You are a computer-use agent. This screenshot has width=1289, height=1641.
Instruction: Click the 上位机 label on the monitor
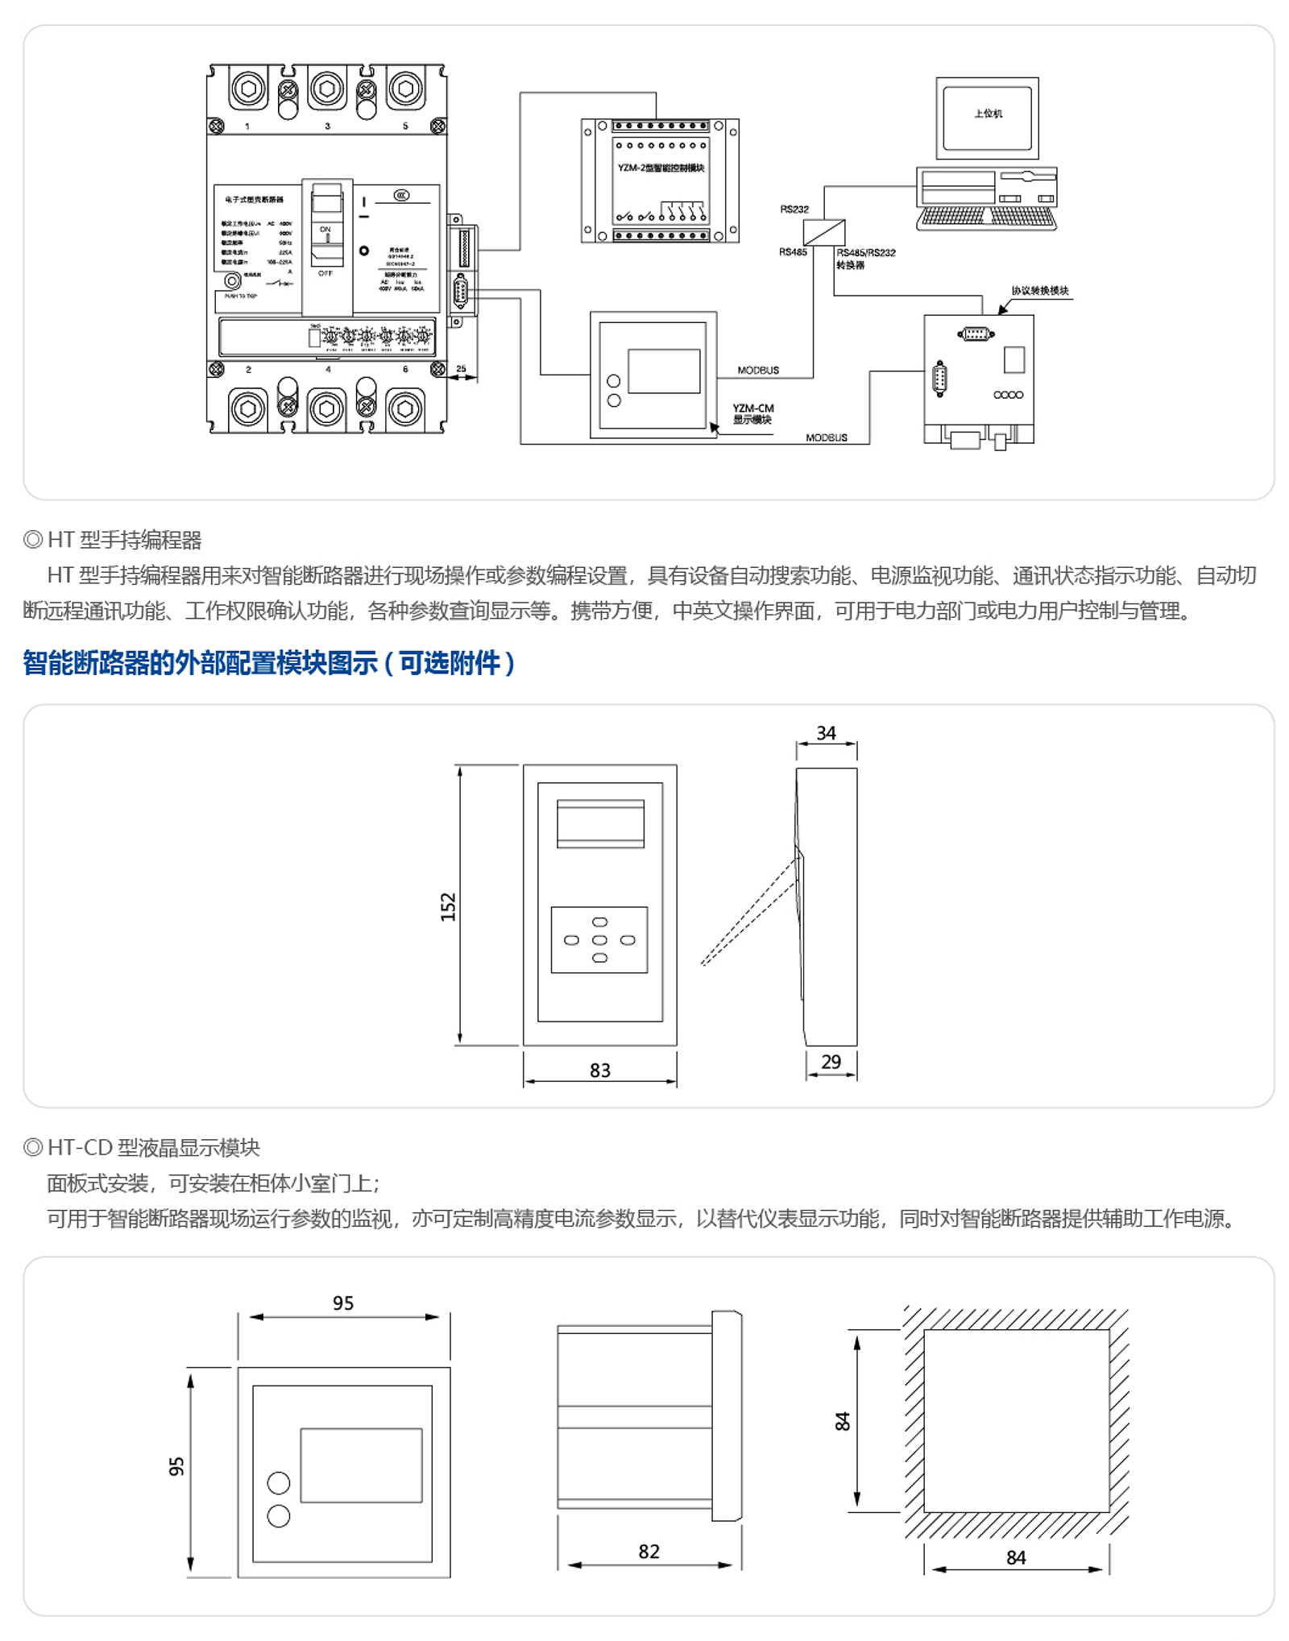point(987,114)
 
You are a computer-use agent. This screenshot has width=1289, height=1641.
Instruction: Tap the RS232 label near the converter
point(794,209)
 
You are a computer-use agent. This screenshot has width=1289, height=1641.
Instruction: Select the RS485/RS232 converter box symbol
point(823,232)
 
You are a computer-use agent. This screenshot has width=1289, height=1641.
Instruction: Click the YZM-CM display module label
point(752,413)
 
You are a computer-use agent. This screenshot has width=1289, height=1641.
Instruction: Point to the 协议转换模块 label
point(1039,291)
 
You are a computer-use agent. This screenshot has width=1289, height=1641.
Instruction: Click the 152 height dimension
point(448,906)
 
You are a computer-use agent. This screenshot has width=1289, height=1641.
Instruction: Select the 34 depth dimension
point(826,733)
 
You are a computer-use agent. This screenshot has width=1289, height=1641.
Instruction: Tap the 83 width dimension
point(599,1071)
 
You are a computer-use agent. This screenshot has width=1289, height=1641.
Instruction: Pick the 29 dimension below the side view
point(831,1062)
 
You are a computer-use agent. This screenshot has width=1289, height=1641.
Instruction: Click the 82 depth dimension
point(649,1552)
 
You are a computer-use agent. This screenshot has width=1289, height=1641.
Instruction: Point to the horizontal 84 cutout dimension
point(1015,1558)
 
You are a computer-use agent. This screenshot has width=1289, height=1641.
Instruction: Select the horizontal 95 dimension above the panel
point(343,1303)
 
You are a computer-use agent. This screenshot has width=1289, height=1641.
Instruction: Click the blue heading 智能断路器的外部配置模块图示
point(268,663)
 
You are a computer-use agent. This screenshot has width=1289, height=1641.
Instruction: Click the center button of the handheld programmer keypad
point(599,940)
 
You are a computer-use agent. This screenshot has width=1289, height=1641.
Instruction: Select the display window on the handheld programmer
point(600,823)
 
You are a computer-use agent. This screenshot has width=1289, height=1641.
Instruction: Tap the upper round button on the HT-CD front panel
point(278,1482)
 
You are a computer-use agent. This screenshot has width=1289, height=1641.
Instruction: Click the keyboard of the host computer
point(986,218)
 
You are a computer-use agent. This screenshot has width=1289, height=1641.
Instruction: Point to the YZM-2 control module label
point(661,168)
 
